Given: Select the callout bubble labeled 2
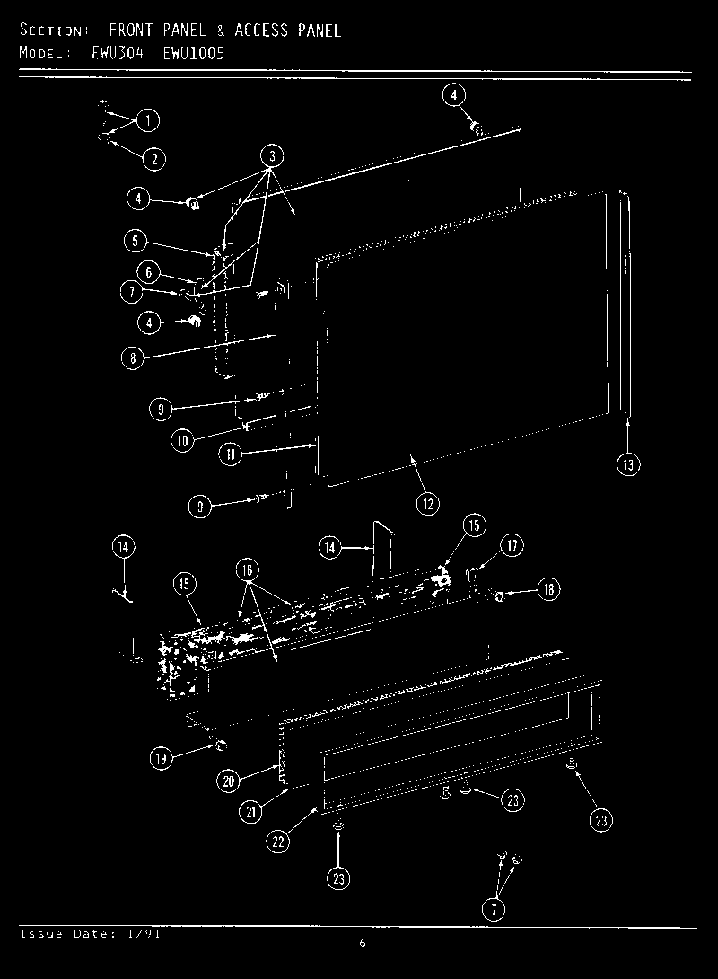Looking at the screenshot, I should pyautogui.click(x=153, y=159).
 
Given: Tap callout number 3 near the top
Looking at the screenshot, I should pyautogui.click(x=274, y=155).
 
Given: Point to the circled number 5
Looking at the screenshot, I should pyautogui.click(x=134, y=240).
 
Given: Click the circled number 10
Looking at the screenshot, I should pyautogui.click(x=183, y=441).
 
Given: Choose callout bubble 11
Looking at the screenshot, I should pyautogui.click(x=231, y=454).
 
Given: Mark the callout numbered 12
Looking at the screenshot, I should pyautogui.click(x=427, y=504).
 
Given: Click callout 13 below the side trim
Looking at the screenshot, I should pyautogui.click(x=628, y=463).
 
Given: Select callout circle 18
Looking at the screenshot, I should pyautogui.click(x=548, y=590).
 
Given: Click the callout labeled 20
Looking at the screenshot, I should pyautogui.click(x=229, y=781).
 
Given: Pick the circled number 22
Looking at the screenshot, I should pyautogui.click(x=279, y=841).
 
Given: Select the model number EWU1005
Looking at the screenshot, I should pyautogui.click(x=194, y=53).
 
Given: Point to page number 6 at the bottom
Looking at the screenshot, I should pyautogui.click(x=362, y=943).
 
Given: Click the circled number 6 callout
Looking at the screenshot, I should pyautogui.click(x=149, y=271).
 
